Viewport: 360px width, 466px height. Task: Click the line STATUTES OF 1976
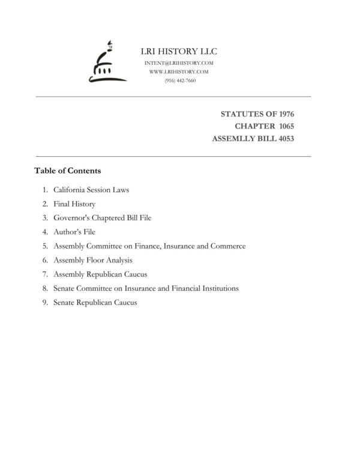click(x=257, y=113)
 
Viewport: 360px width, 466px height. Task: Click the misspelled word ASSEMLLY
click(x=234, y=139)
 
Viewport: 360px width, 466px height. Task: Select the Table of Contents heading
click(x=68, y=171)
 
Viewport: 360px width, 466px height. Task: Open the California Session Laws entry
click(x=91, y=190)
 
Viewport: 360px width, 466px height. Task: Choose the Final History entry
click(x=74, y=204)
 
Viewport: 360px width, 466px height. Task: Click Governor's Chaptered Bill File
click(x=102, y=218)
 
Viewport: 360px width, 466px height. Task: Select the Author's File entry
click(x=74, y=232)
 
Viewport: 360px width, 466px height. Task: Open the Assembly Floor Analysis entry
click(x=92, y=260)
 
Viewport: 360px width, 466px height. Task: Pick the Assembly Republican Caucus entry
click(x=100, y=274)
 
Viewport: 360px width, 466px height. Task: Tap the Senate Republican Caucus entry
click(x=95, y=303)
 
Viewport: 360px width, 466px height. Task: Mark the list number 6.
click(x=45, y=260)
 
